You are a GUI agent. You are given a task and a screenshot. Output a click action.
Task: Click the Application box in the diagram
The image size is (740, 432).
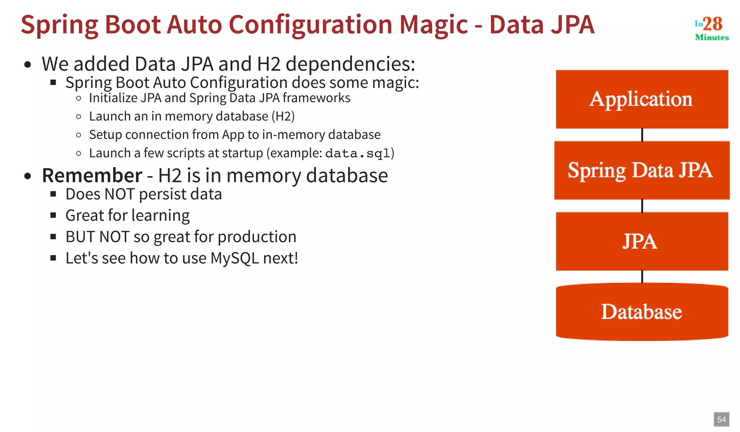point(642,99)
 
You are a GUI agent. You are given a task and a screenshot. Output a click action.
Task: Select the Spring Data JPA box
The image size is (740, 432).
point(642,170)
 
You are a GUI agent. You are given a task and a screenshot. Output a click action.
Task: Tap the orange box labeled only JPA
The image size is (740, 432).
point(642,241)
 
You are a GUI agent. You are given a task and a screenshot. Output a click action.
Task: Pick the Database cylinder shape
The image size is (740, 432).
point(642,312)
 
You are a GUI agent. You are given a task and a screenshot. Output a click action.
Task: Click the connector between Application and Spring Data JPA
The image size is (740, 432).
point(642,135)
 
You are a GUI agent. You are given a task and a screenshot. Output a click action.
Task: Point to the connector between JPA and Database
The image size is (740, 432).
point(642,277)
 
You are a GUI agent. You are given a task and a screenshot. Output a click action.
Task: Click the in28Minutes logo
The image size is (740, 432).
point(711,28)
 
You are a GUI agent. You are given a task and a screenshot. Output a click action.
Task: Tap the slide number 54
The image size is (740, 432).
point(721,419)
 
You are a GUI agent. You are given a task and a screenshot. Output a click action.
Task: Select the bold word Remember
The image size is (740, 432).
point(92,175)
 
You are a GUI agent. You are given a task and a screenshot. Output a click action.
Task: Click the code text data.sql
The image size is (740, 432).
point(358,154)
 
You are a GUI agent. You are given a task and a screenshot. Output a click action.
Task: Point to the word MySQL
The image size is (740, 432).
point(235,258)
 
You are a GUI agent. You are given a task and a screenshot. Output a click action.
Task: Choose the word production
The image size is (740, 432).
point(257,237)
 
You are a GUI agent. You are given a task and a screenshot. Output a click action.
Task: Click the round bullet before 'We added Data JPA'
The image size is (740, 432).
point(28,65)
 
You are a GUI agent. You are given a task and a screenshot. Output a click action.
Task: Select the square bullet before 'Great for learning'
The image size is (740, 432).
point(53,215)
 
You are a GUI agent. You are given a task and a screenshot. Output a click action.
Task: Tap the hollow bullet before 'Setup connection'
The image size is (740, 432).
point(79,135)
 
